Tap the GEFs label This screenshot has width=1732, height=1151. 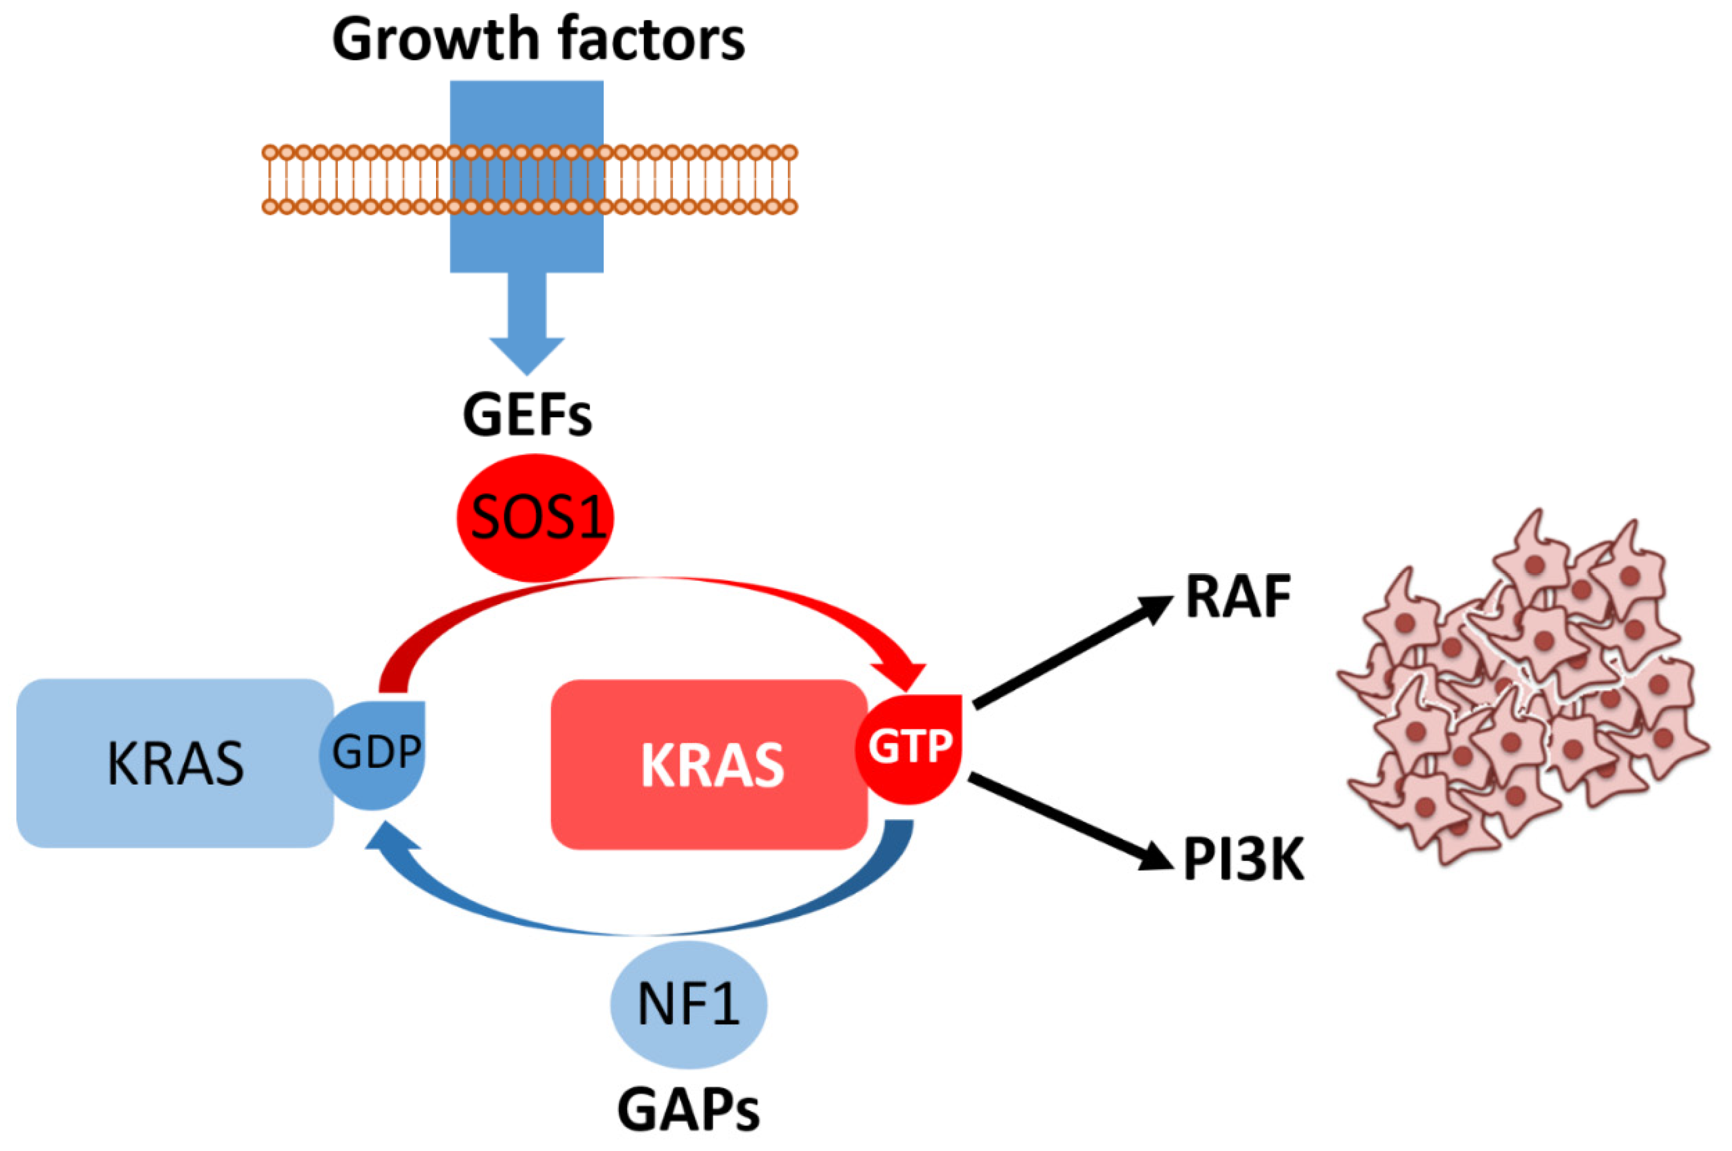click(x=527, y=415)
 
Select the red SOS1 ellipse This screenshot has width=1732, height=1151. click(x=535, y=517)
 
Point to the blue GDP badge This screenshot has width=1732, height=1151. click(x=374, y=753)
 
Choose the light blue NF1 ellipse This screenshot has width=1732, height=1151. click(x=689, y=1004)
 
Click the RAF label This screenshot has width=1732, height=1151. click(x=1239, y=598)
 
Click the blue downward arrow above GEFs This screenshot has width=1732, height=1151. click(x=527, y=323)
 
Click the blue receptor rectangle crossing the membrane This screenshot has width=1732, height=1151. click(x=527, y=176)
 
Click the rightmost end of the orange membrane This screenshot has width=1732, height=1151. click(x=790, y=180)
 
